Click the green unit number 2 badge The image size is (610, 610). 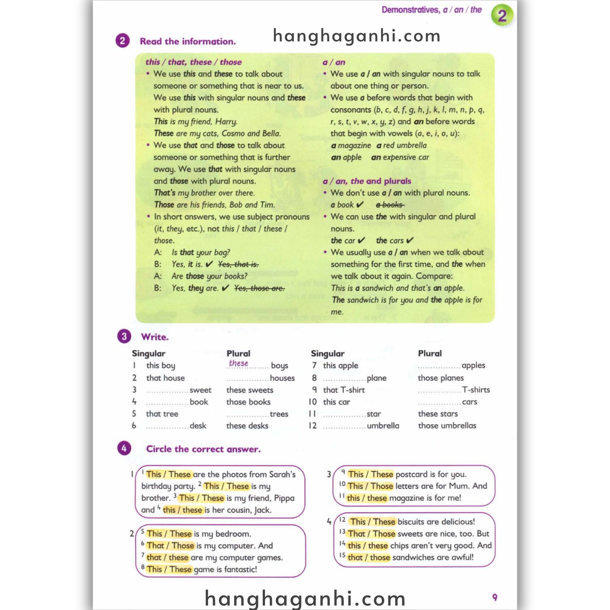[502, 15]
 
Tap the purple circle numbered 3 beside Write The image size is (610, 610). [124, 337]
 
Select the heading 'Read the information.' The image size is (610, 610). [188, 41]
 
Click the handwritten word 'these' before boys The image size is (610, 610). [238, 363]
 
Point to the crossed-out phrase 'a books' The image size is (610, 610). [390, 205]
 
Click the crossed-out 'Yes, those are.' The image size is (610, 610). [259, 288]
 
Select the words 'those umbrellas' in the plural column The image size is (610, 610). [447, 426]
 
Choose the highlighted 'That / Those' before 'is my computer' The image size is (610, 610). [170, 546]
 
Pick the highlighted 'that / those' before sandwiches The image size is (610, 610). [368, 557]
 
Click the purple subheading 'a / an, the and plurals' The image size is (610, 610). [367, 181]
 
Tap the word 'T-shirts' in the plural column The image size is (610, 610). [476, 390]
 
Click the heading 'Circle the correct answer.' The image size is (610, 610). [203, 449]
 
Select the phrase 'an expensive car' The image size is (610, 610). [400, 157]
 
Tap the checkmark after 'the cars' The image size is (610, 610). [410, 240]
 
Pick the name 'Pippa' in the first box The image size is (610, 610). [284, 498]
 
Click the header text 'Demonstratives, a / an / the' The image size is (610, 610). [431, 10]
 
